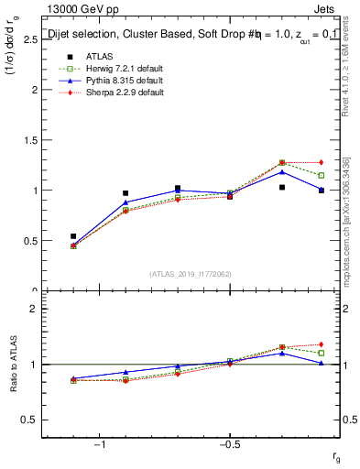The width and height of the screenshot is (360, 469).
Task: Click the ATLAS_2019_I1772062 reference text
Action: click(191, 274)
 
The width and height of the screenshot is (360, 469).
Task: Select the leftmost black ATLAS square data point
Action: click(73, 236)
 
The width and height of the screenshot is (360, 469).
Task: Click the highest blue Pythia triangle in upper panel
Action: click(282, 171)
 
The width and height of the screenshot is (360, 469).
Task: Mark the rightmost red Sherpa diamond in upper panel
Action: click(322, 162)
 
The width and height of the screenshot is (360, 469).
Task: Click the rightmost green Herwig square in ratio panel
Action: click(322, 353)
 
